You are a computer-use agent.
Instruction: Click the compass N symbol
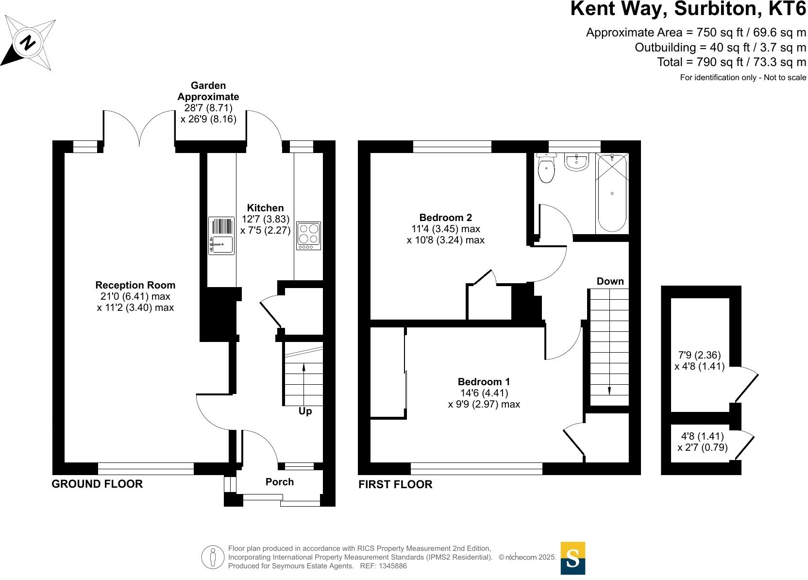[x=28, y=43]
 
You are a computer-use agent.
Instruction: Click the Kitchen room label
[x=265, y=208]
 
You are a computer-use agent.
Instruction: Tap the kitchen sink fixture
[x=221, y=236]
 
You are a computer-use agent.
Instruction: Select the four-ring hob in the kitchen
[x=309, y=236]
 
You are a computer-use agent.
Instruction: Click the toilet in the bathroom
[x=547, y=169]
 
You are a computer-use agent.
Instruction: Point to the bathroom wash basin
[x=576, y=162]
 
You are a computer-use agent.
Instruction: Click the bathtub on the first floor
[x=612, y=193]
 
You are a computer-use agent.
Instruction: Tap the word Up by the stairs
[x=305, y=411]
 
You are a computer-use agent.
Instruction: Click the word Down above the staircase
[x=610, y=281]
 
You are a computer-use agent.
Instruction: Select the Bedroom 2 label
[x=445, y=218]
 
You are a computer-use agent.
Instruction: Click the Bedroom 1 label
[x=484, y=382]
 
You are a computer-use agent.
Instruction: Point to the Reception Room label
[x=135, y=285]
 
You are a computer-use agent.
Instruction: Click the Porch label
[x=280, y=482]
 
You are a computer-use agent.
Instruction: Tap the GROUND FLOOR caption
[x=97, y=484]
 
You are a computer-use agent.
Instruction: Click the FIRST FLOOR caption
[x=395, y=484]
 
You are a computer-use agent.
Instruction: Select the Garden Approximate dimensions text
[x=208, y=102]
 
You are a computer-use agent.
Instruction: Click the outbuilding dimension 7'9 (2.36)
[x=699, y=355]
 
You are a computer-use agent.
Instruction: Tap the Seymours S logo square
[x=573, y=558]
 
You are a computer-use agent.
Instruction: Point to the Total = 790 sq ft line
[x=731, y=62]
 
